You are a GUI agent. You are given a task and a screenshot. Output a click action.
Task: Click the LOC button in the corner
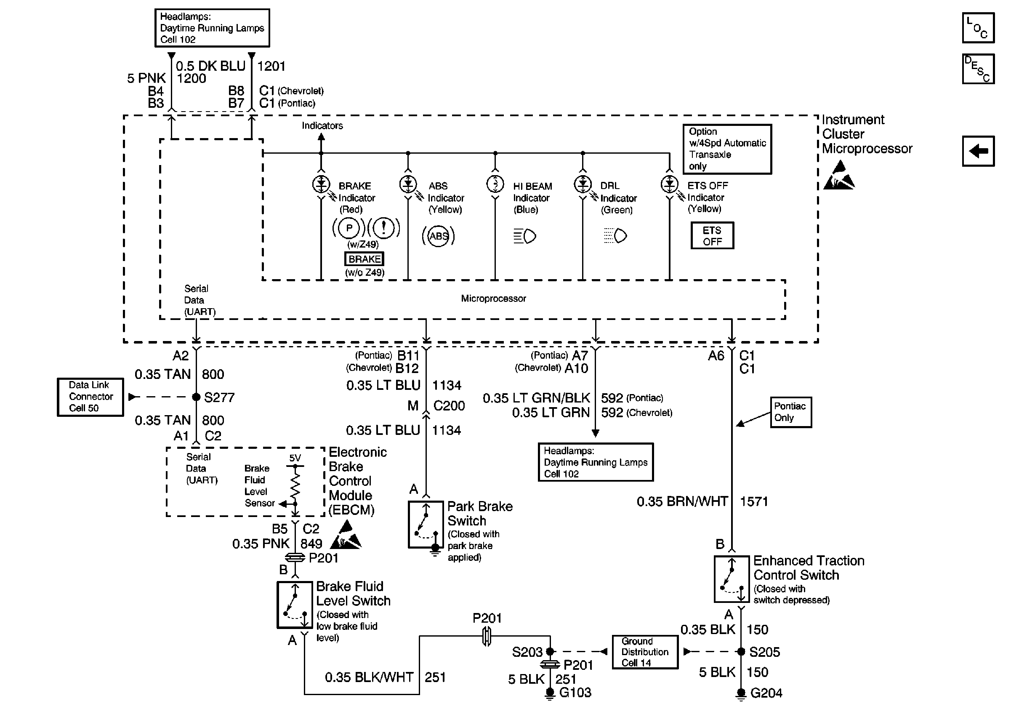[x=978, y=28]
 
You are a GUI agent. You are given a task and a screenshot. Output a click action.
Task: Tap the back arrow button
[x=978, y=151]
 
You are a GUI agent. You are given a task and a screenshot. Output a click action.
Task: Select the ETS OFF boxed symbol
[x=712, y=236]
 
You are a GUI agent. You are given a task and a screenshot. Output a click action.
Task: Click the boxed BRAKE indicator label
[x=364, y=259]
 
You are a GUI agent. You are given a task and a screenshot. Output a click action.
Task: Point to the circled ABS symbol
[x=438, y=236]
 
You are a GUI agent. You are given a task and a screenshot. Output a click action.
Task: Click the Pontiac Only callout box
[x=791, y=412]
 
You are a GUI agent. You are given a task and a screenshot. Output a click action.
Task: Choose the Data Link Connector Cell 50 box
[x=90, y=397]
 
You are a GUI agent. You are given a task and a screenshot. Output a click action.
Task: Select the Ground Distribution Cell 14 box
[x=645, y=652]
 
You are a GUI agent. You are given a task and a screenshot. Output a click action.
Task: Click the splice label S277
[x=219, y=398]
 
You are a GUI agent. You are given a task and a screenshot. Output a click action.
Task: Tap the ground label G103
[x=575, y=693]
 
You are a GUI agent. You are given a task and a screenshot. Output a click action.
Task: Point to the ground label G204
[x=766, y=693]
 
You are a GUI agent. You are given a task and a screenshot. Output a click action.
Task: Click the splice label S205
[x=764, y=652]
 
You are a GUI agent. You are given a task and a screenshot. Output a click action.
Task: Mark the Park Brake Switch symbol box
[x=426, y=525]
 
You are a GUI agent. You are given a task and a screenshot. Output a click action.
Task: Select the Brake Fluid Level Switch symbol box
[x=295, y=605]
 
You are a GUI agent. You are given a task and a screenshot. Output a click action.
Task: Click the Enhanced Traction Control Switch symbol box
[x=732, y=579]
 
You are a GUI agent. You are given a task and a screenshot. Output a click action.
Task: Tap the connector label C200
[x=449, y=405]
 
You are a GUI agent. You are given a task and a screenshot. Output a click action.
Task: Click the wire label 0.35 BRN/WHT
[x=682, y=501]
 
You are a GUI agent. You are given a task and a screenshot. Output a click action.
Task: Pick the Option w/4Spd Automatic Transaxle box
[x=727, y=149]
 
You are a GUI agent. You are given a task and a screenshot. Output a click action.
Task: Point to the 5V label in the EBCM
[x=295, y=458]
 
